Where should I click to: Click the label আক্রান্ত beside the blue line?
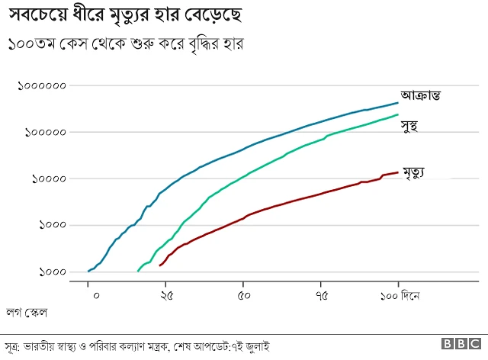(x=422, y=95)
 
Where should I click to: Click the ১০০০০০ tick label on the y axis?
(x=45, y=132)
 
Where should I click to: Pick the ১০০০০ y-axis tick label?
(x=48, y=178)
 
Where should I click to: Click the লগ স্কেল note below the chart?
(x=28, y=312)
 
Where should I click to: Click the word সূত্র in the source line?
(x=13, y=346)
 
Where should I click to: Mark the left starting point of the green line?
(x=138, y=271)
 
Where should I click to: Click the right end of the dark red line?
(x=398, y=172)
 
